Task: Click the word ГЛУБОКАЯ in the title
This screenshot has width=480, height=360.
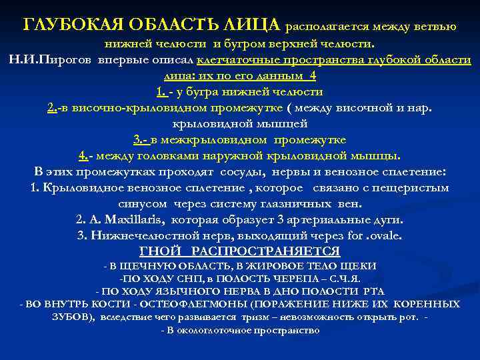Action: pos(69,26)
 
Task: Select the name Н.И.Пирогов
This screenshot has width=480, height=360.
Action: pos(51,60)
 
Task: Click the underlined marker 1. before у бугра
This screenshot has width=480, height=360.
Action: pos(161,92)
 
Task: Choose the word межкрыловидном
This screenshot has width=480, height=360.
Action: pos(217,140)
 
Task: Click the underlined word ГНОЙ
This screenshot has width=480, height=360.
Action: pos(158,251)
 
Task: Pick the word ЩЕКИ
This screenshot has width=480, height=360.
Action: pos(361,266)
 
